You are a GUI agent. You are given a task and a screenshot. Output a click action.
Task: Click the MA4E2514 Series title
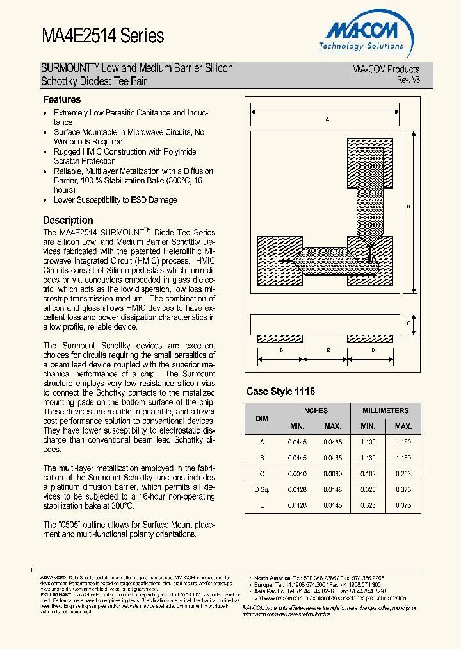pyautogui.click(x=102, y=36)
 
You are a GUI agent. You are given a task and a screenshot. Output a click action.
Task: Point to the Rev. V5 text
pyautogui.click(x=408, y=80)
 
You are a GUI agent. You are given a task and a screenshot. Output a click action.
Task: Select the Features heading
pyautogui.click(x=61, y=99)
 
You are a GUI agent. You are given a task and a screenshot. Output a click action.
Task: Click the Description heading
pyautogui.click(x=68, y=220)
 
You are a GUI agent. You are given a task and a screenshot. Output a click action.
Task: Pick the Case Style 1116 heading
pyautogui.click(x=280, y=391)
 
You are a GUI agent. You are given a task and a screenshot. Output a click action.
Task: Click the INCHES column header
pyautogui.click(x=314, y=410)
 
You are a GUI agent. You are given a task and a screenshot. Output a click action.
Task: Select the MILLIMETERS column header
pyautogui.click(x=385, y=410)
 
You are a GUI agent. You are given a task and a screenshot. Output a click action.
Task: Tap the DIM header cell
pyautogui.click(x=262, y=418)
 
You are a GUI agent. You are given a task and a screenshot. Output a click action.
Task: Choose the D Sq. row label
pyautogui.click(x=262, y=489)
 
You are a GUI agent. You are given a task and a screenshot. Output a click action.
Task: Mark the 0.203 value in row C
pyautogui.click(x=403, y=473)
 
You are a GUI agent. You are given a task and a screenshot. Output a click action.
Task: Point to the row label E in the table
pyautogui.click(x=262, y=505)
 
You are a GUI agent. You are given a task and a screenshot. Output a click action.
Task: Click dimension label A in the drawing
pyautogui.click(x=327, y=119)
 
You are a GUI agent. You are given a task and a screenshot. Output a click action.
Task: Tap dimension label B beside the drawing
pyautogui.click(x=408, y=206)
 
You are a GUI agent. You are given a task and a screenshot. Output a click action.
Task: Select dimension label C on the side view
pyautogui.click(x=408, y=324)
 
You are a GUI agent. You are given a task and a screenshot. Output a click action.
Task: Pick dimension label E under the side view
pyautogui.click(x=328, y=350)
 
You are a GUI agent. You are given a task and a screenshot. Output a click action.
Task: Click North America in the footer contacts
pyautogui.click(x=273, y=578)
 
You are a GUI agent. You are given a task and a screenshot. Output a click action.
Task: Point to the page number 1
pyautogui.click(x=31, y=569)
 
